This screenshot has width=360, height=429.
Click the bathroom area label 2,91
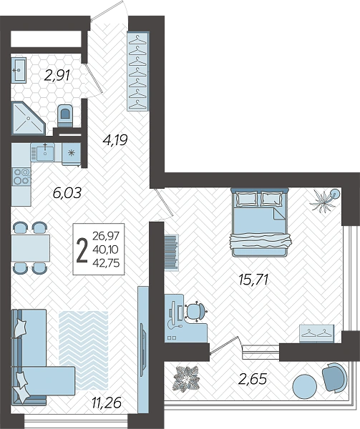point(57,75)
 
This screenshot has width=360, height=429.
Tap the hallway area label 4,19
point(115,140)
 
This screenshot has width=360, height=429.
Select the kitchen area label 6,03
point(67,193)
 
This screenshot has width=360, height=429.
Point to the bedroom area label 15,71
point(253,280)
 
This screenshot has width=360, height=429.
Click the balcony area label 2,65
point(253,379)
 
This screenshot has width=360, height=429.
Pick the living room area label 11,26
point(107,403)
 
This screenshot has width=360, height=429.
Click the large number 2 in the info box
point(82,250)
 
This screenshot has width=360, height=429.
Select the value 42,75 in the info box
point(106,263)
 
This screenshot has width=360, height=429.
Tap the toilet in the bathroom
point(65,116)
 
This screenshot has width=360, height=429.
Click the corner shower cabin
point(26,118)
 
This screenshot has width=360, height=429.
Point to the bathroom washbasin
point(19,70)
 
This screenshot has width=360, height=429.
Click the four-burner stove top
point(21,176)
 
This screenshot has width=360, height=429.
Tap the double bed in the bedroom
point(259,222)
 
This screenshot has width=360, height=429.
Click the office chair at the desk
point(195,310)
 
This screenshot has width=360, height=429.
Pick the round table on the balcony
point(305,387)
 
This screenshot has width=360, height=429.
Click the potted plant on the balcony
point(186,379)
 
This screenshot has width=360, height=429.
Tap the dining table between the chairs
point(30,248)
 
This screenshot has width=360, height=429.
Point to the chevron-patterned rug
point(83,350)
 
